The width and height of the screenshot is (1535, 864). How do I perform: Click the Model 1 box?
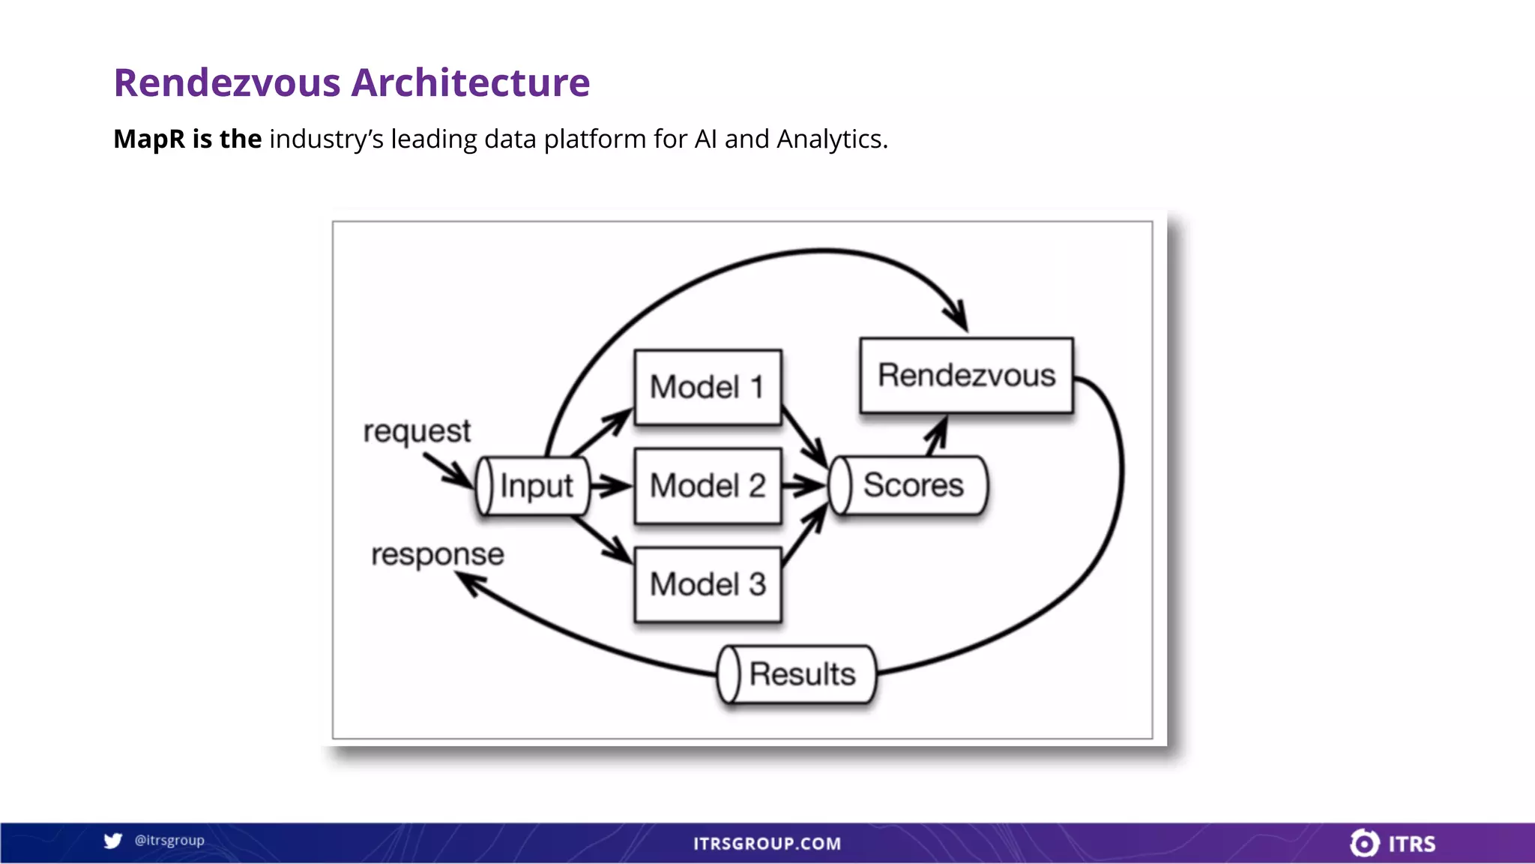click(x=708, y=387)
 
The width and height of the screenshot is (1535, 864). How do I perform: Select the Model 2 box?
click(x=708, y=485)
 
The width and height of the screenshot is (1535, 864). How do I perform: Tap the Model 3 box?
click(x=708, y=584)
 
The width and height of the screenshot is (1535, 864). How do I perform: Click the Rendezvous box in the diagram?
click(x=966, y=375)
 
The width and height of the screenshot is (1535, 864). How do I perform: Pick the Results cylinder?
click(x=797, y=673)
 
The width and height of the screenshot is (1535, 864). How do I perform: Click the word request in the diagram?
click(x=417, y=431)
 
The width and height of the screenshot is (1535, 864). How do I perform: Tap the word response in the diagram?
click(x=438, y=554)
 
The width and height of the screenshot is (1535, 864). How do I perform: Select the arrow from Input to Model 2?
click(x=611, y=486)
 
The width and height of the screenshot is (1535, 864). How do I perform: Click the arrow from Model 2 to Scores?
click(x=804, y=486)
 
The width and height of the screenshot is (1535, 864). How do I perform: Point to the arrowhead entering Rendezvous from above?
click(x=957, y=316)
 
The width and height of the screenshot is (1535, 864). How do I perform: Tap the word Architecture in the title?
click(x=471, y=82)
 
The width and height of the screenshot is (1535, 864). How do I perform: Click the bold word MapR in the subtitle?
click(x=148, y=139)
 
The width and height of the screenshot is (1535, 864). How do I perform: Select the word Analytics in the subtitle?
click(x=831, y=139)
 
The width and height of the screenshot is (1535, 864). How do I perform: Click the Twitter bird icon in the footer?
click(x=112, y=841)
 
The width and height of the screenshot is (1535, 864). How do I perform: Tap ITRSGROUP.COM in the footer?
click(x=767, y=844)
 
